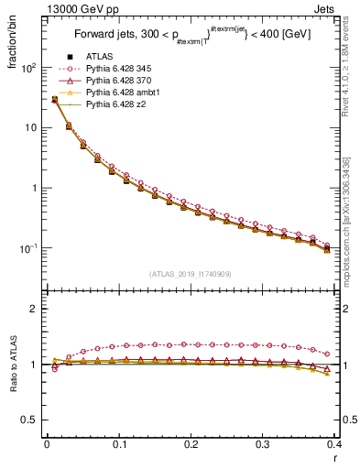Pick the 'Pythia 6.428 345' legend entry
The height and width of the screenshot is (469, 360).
point(120,69)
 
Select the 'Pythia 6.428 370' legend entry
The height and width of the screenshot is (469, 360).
point(120,81)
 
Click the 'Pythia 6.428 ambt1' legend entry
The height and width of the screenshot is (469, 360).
point(124,93)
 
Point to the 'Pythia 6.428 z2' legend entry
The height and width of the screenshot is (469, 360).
point(116,104)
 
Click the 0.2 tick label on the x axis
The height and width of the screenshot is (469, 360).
point(191,444)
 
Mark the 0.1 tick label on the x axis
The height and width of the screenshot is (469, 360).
point(118,444)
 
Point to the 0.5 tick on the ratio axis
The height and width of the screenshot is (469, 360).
point(31,420)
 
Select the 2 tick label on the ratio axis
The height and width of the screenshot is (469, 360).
point(35,309)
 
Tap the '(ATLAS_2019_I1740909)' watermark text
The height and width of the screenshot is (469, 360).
point(190,274)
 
